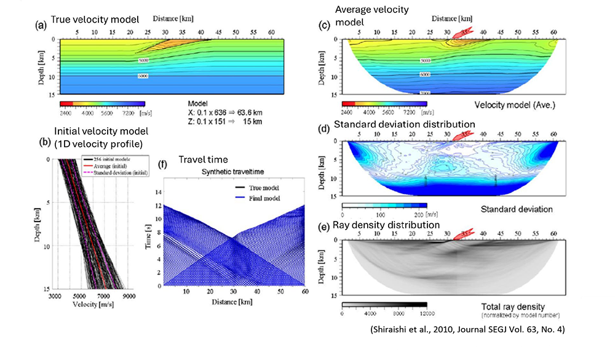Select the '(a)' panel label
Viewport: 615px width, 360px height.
(x=42, y=25)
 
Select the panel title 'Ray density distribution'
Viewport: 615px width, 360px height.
(x=386, y=225)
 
